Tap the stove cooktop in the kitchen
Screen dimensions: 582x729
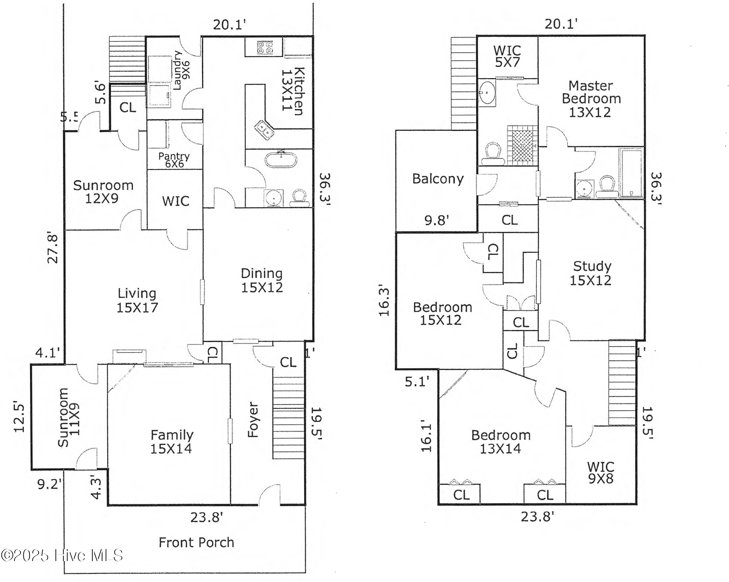tap(265, 48)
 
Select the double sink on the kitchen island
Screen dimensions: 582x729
tap(264, 130)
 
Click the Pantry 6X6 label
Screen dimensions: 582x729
tap(174, 160)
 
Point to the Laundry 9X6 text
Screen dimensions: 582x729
tap(181, 70)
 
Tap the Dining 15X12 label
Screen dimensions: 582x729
tap(262, 280)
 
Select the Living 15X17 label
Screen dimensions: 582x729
tap(137, 300)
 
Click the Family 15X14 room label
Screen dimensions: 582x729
tap(172, 441)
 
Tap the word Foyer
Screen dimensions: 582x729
tap(253, 419)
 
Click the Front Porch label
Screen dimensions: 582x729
tap(196, 542)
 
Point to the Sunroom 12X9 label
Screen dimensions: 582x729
tap(103, 192)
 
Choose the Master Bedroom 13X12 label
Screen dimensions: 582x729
tap(591, 99)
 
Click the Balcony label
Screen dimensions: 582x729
tap(438, 179)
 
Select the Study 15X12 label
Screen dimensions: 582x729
tap(591, 273)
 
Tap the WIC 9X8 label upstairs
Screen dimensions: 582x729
tap(600, 472)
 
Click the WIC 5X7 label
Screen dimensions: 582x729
tap(507, 56)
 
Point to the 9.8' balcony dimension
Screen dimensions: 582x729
tap(436, 220)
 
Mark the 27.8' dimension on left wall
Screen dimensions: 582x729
tap(53, 249)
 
